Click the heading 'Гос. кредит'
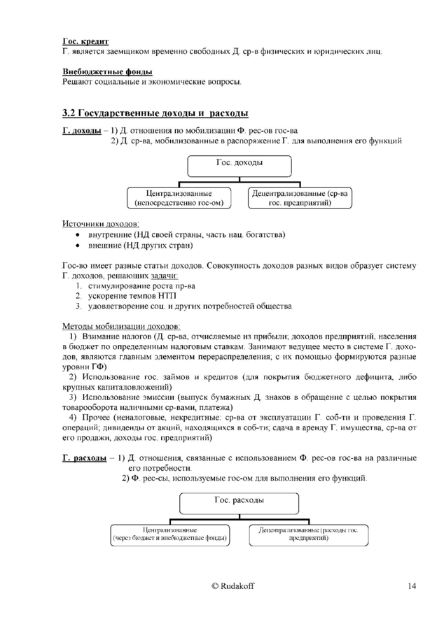pyautogui.click(x=85, y=42)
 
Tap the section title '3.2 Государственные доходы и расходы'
pyautogui.click(x=155, y=113)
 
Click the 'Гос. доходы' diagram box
pyautogui.click(x=239, y=165)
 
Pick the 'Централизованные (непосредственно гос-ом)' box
pyautogui.click(x=179, y=197)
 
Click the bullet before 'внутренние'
pyautogui.click(x=78, y=234)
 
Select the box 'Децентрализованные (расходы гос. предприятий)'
pyautogui.click(x=308, y=534)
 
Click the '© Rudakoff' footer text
pyautogui.click(x=237, y=586)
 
